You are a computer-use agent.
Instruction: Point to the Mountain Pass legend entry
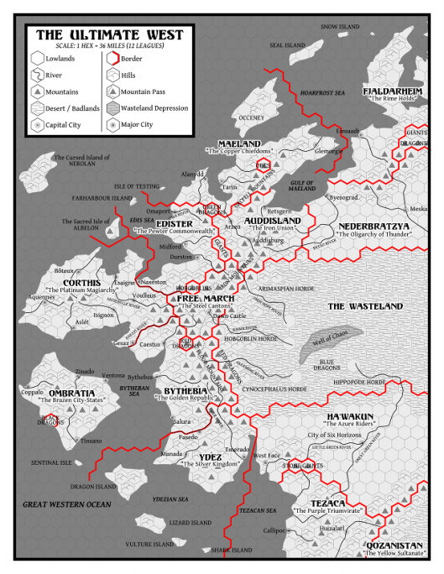coord(152,91)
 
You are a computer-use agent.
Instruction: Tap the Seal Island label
coord(286,45)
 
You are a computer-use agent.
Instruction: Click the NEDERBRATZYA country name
coord(373,227)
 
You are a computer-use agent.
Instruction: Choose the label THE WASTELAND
coord(365,306)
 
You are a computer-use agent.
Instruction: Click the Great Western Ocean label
coord(66,504)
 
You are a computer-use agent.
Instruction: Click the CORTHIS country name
coord(81,283)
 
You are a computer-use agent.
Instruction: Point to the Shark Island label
coord(231,551)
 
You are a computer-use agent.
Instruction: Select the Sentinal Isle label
coord(51,462)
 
